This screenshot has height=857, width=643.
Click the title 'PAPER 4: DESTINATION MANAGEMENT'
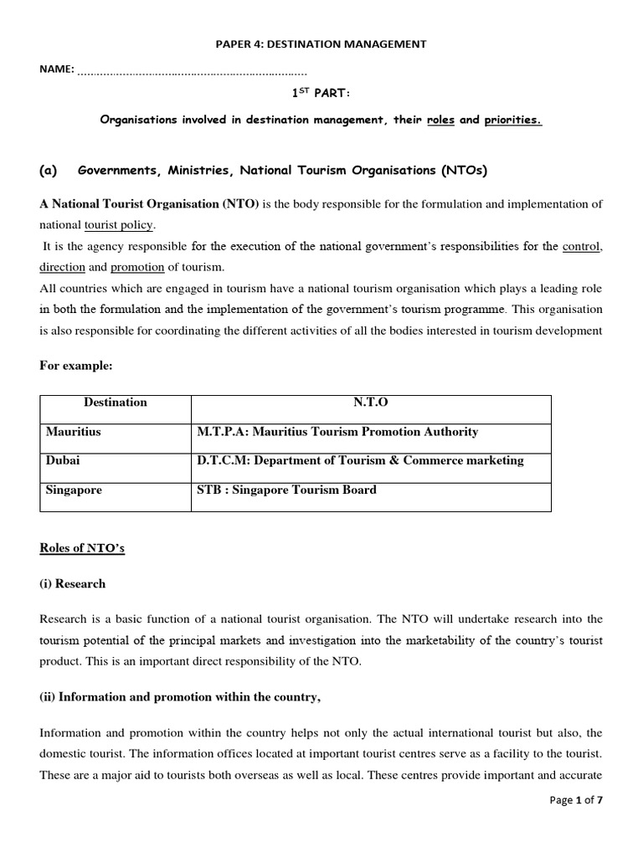pyautogui.click(x=321, y=44)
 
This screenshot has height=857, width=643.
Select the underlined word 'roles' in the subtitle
pyautogui.click(x=440, y=120)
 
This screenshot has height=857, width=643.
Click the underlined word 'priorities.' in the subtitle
pyautogui.click(x=512, y=120)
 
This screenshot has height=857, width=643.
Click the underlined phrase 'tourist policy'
pyautogui.click(x=119, y=225)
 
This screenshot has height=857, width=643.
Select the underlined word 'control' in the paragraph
pyautogui.click(x=582, y=246)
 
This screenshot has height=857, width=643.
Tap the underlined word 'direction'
pyautogui.click(x=62, y=267)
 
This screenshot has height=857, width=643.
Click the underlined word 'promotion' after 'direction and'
pyautogui.click(x=137, y=267)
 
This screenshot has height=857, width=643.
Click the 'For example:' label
pyautogui.click(x=75, y=365)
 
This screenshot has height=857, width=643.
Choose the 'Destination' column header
pyautogui.click(x=116, y=403)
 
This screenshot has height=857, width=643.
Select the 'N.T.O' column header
pyautogui.click(x=371, y=403)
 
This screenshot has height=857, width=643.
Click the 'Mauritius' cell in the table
pyautogui.click(x=73, y=432)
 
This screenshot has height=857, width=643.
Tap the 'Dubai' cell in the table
pyautogui.click(x=63, y=460)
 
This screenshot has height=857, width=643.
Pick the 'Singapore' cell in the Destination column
pyautogui.click(x=74, y=490)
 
